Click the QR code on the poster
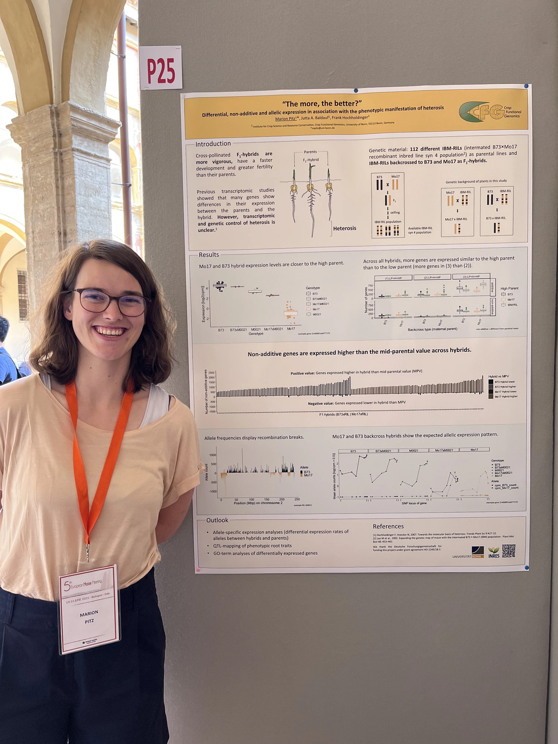click(509, 551)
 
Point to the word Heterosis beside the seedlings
click(345, 228)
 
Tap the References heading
click(388, 526)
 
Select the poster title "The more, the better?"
click(322, 104)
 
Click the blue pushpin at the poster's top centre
click(356, 90)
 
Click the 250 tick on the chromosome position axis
click(297, 499)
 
